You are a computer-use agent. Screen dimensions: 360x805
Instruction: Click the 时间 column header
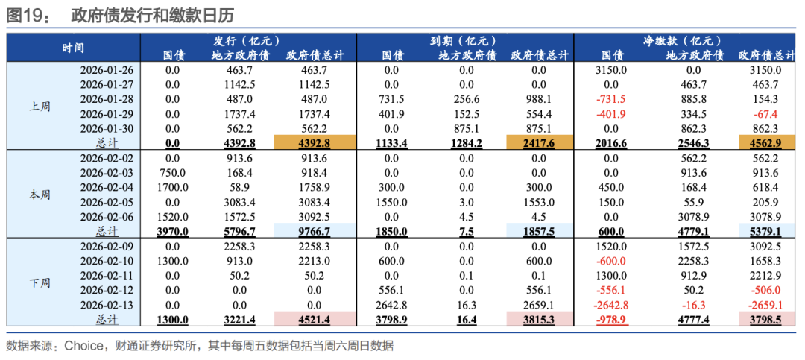(72, 48)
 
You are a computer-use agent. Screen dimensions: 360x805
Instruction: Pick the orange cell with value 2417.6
(539, 142)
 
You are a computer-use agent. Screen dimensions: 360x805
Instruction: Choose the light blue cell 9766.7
(313, 232)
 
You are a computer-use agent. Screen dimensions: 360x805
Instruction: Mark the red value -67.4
(765, 114)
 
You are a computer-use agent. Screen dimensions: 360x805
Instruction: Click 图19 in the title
(24, 14)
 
